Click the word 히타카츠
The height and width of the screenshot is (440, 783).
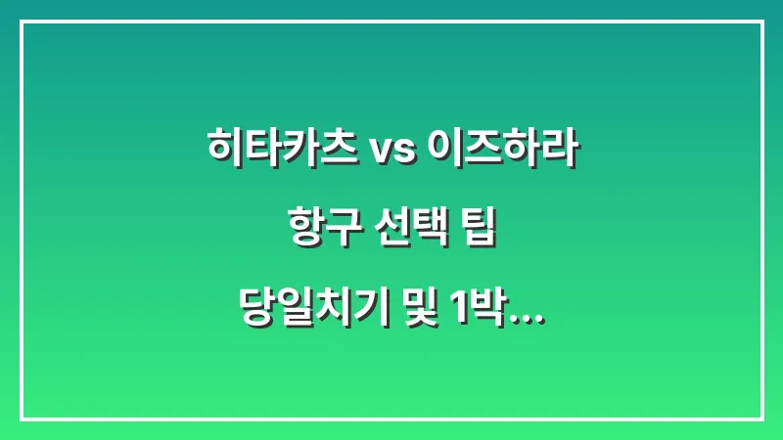click(281, 150)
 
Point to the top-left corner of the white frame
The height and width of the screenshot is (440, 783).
click(21, 22)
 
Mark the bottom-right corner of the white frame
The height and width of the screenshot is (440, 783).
click(761, 418)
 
